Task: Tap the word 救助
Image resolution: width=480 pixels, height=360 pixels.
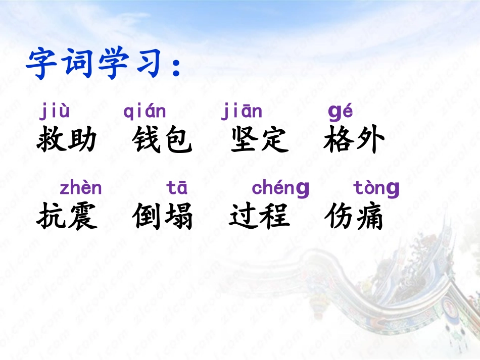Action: tap(67, 139)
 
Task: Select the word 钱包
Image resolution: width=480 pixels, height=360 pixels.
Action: tap(163, 139)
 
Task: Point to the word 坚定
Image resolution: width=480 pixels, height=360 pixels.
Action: tap(259, 139)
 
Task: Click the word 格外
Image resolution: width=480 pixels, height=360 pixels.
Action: tap(355, 139)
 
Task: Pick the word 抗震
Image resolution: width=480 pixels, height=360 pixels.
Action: tap(67, 217)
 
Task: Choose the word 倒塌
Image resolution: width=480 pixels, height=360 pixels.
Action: tap(163, 217)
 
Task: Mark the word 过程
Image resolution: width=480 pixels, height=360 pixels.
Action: tap(259, 217)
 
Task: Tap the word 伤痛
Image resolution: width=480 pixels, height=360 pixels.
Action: tap(354, 217)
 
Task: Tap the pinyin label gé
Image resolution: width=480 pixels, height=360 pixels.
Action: tap(340, 113)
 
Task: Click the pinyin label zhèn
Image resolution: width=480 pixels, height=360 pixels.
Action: tap(81, 188)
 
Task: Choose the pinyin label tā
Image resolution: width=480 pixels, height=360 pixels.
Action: tap(177, 188)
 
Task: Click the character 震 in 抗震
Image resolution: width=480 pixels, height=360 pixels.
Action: tap(82, 217)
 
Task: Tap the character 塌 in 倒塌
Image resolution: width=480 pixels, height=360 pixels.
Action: tap(178, 217)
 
